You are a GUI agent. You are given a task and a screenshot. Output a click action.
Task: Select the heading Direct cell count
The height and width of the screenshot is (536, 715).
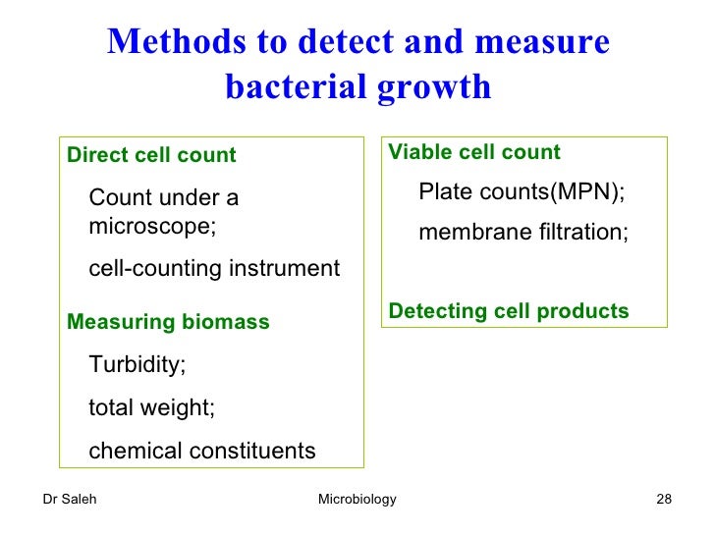(x=151, y=155)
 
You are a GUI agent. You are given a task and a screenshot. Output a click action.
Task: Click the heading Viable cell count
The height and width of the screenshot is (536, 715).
(x=474, y=152)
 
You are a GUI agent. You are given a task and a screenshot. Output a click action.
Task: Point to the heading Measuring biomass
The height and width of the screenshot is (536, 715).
(x=167, y=322)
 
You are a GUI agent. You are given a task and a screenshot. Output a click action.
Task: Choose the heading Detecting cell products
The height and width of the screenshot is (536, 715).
(x=509, y=311)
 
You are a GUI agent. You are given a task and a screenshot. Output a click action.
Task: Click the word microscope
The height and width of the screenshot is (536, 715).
(x=150, y=226)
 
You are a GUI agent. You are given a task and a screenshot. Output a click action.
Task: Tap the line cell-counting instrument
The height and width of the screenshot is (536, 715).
(x=214, y=268)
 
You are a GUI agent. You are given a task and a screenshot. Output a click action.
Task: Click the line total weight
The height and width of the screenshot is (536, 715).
(x=151, y=407)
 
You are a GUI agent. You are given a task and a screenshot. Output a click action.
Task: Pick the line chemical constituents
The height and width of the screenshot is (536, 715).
(x=202, y=451)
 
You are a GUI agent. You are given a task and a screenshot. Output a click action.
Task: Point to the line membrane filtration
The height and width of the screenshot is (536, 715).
(x=523, y=233)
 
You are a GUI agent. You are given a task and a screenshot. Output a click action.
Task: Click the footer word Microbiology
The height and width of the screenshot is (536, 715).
(x=357, y=500)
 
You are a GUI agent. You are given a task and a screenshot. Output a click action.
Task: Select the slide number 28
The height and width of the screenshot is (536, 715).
(x=663, y=500)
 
